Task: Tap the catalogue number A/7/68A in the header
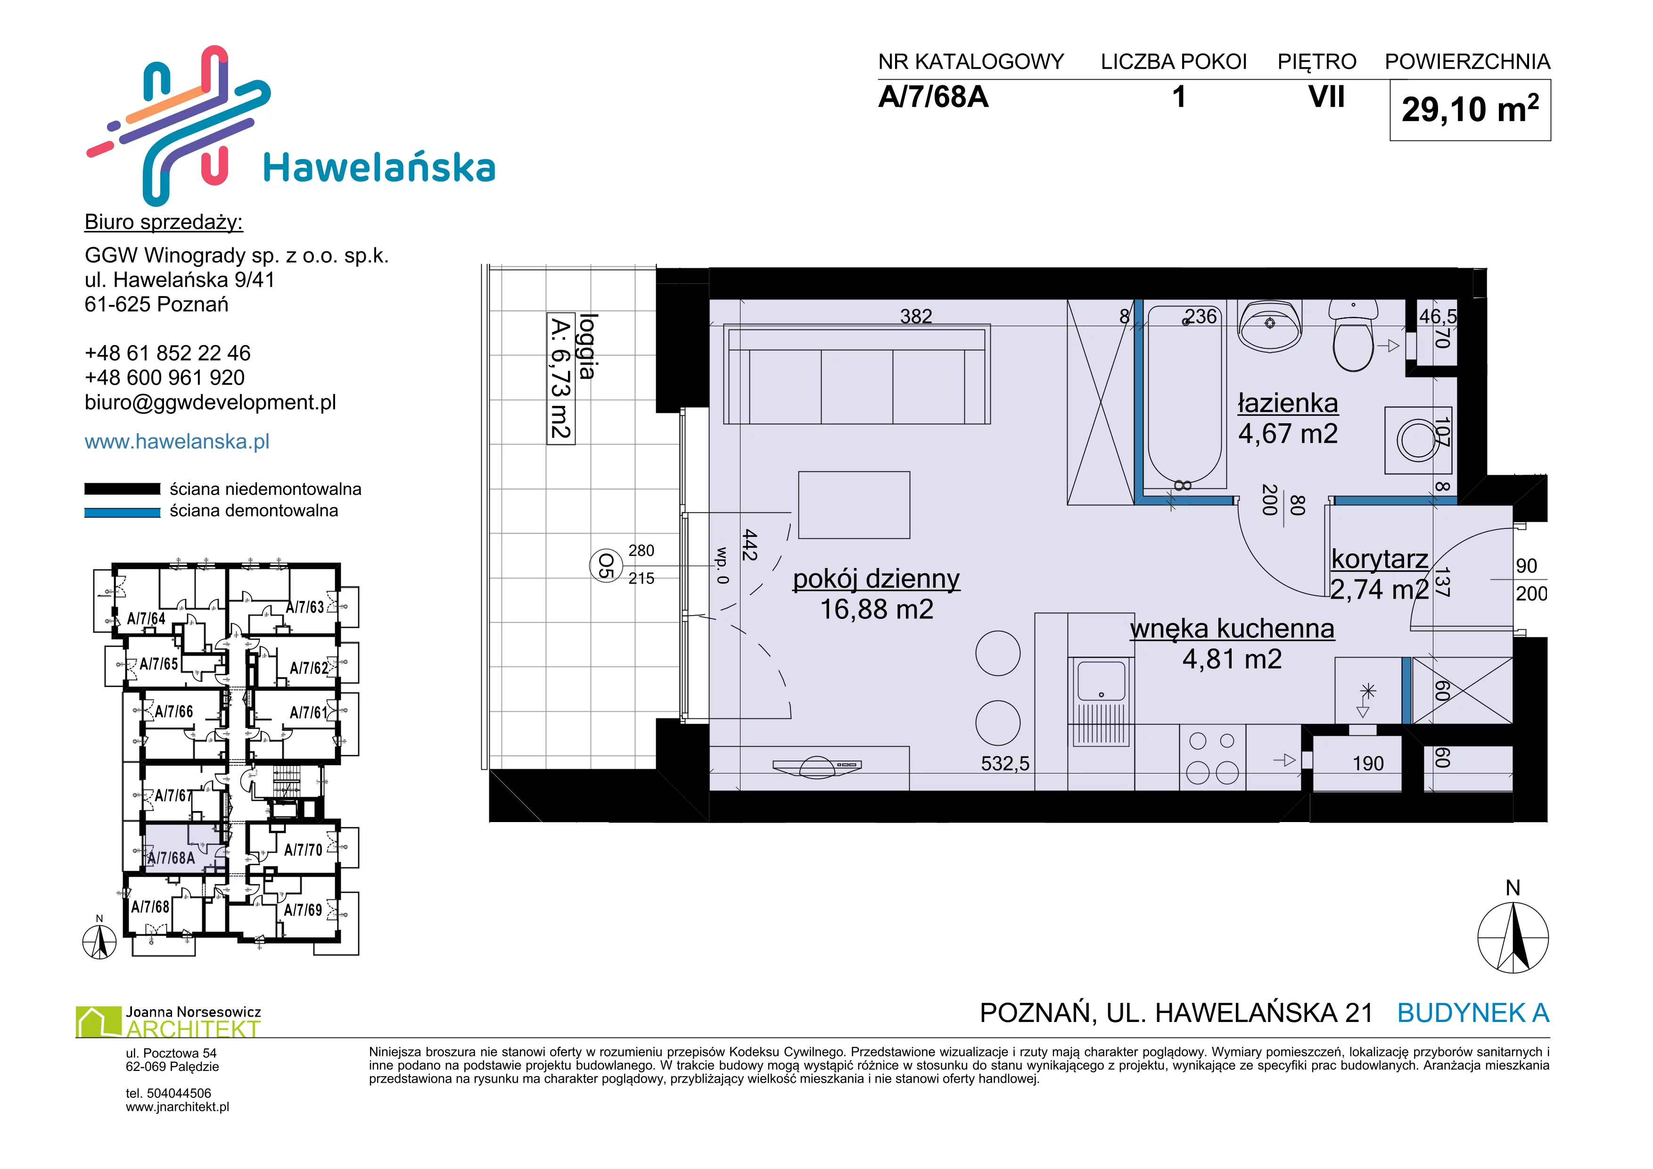(x=933, y=97)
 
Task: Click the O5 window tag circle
(x=606, y=566)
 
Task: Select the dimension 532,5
(x=1005, y=764)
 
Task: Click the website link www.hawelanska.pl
(x=177, y=441)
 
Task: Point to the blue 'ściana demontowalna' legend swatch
(x=123, y=512)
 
